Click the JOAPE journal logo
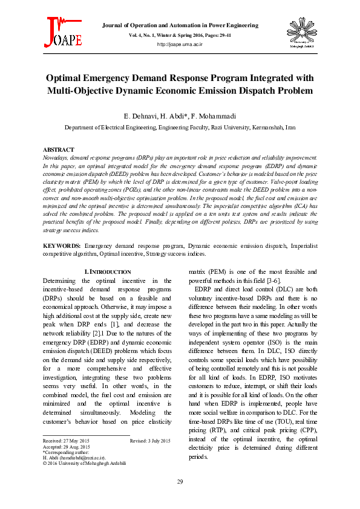62,33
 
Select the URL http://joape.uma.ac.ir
180,45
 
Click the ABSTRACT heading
59,149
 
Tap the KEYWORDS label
62,246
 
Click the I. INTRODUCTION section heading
107,272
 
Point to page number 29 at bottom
180,481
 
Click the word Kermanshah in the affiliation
261,128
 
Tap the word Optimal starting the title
68,78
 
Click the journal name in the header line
180,25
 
